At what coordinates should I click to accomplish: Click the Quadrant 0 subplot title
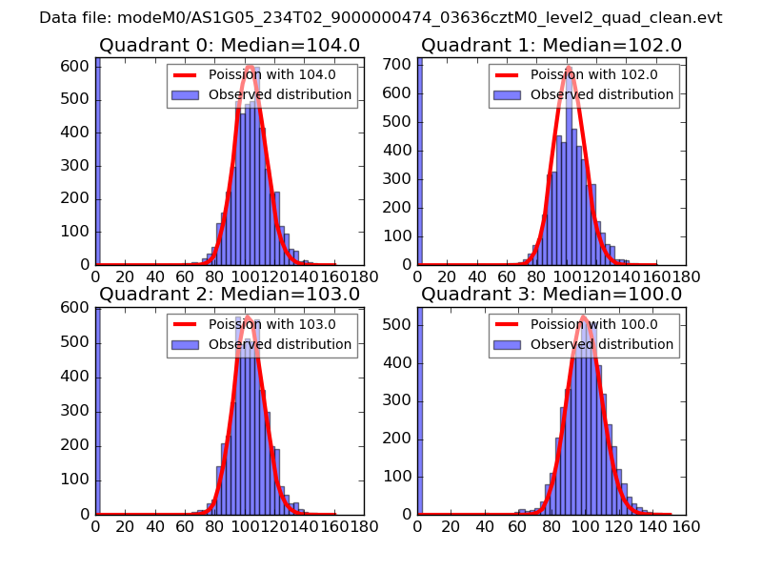230,46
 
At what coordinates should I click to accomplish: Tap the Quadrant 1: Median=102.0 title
551,46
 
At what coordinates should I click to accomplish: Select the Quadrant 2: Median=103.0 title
230,295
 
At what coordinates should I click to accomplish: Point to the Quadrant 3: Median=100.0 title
551,295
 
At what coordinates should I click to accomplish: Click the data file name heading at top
381,17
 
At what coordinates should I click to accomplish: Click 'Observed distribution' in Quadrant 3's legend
601,344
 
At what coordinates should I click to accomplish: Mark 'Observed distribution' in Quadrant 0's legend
279,95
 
